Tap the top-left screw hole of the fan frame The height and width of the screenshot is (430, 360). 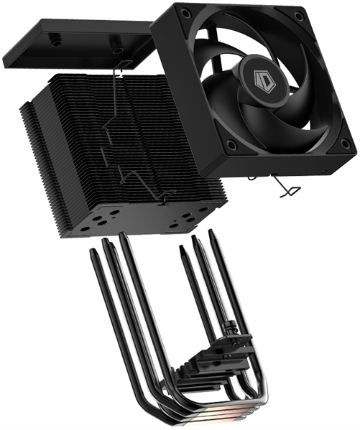point(186,14)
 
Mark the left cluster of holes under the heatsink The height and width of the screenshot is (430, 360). point(106,220)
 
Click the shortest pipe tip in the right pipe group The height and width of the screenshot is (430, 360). point(180,251)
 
